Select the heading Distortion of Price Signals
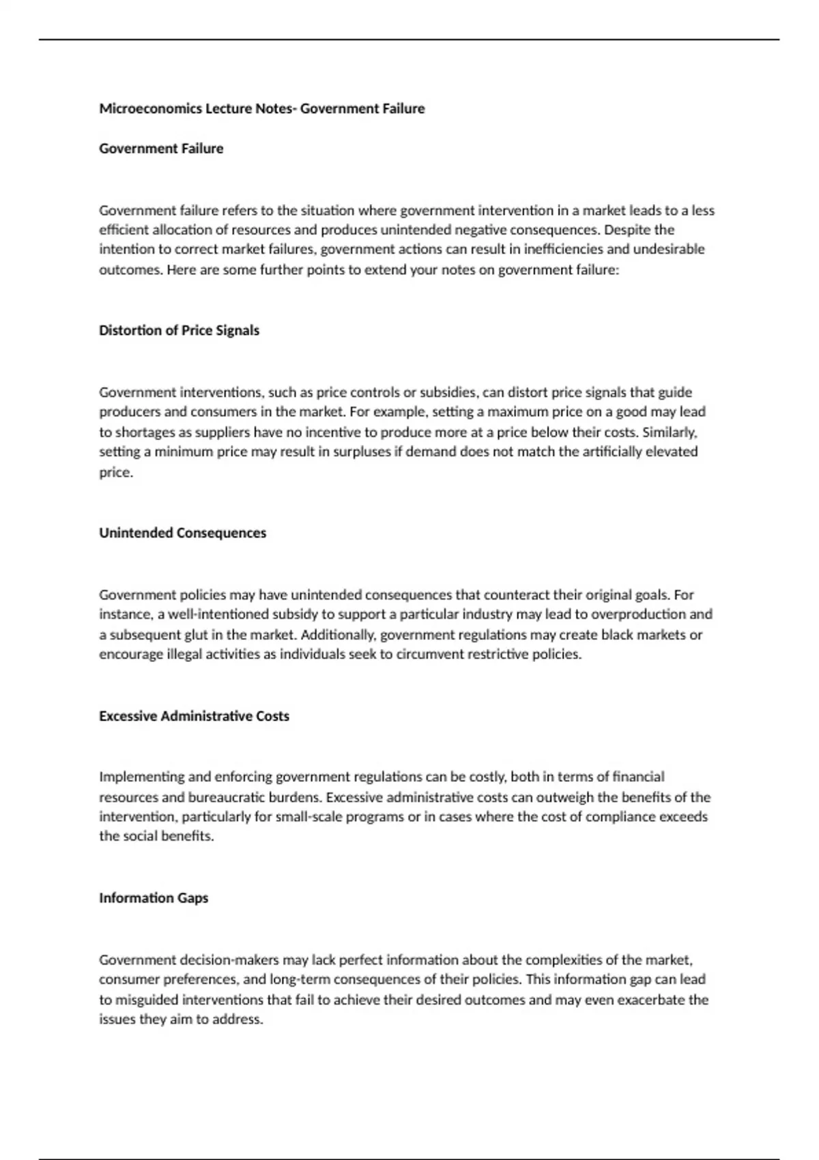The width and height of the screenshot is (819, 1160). click(179, 330)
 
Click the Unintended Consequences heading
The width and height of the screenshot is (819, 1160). click(182, 533)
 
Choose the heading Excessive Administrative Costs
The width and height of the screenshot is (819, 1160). click(194, 716)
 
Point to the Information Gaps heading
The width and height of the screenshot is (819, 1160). click(154, 898)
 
